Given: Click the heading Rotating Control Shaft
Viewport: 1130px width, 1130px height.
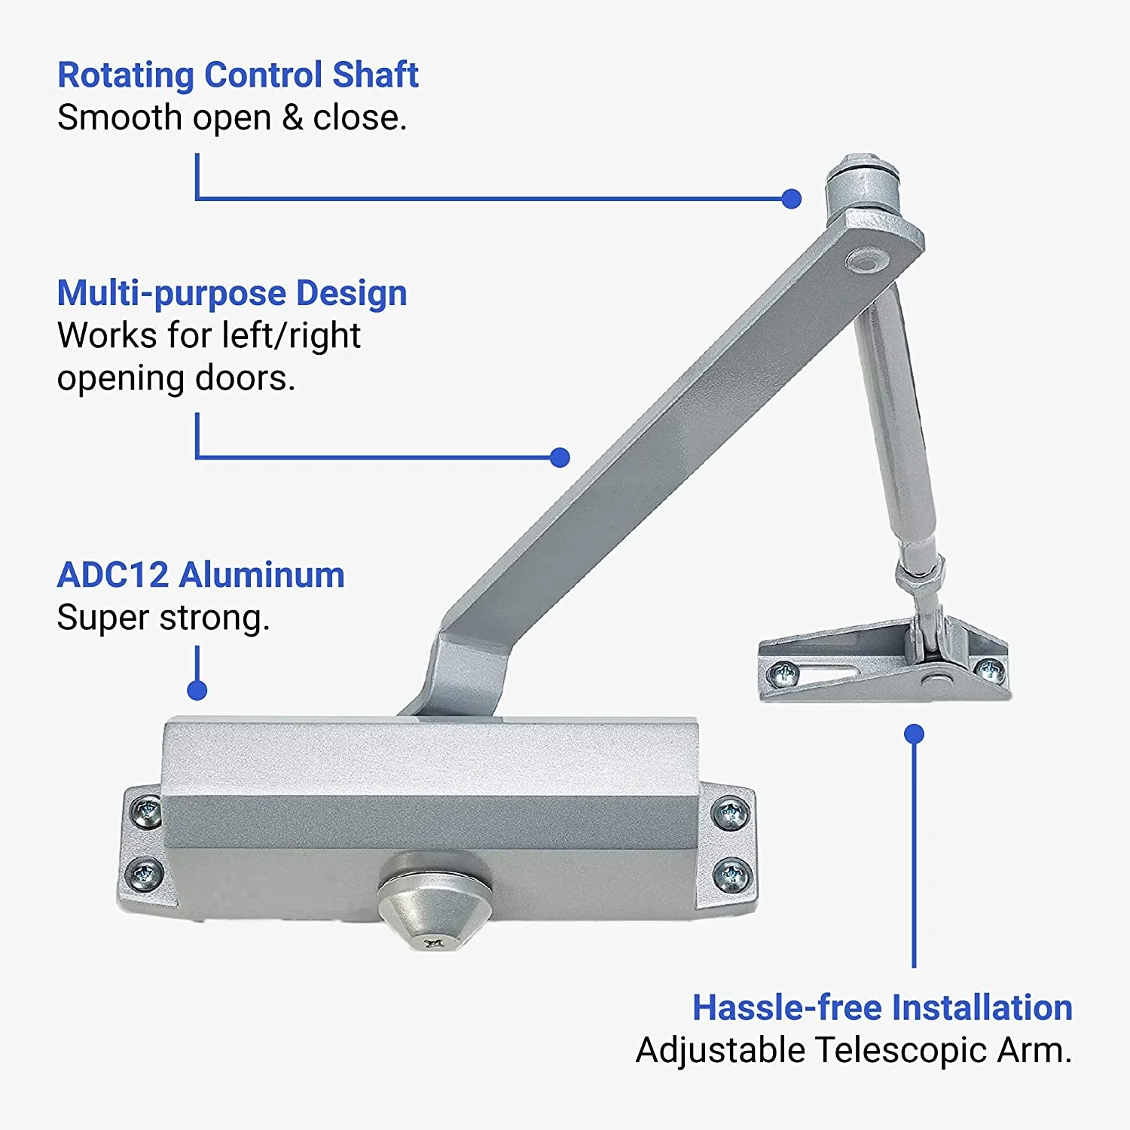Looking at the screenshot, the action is pos(238,75).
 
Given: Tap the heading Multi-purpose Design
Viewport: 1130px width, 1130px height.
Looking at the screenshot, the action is pos(232,293).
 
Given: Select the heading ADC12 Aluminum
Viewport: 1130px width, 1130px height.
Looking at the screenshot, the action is pos(201,575).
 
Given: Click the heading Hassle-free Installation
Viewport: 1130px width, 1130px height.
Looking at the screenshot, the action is pos(882,1007).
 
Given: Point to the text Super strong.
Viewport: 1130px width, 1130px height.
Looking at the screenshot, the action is pos(163,618).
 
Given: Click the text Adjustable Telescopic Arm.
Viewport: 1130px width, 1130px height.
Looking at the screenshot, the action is pos(854,1050).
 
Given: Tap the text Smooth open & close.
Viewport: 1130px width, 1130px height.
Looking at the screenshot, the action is pos(232,118).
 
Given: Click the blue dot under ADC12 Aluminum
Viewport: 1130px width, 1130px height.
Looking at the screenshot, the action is pos(197,690).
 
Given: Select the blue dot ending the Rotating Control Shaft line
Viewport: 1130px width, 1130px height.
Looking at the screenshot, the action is pos(791,199).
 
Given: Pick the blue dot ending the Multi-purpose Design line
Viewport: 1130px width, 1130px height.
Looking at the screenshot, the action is pos(560,457).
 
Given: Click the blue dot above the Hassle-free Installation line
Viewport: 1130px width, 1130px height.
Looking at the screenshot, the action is pos(914,734).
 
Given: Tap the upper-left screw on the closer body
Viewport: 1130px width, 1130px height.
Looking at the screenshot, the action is pos(145,811).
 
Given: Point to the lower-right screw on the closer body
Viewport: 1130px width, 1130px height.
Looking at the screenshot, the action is pos(731,875).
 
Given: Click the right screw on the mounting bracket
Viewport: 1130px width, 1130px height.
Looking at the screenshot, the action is pos(989,668).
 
